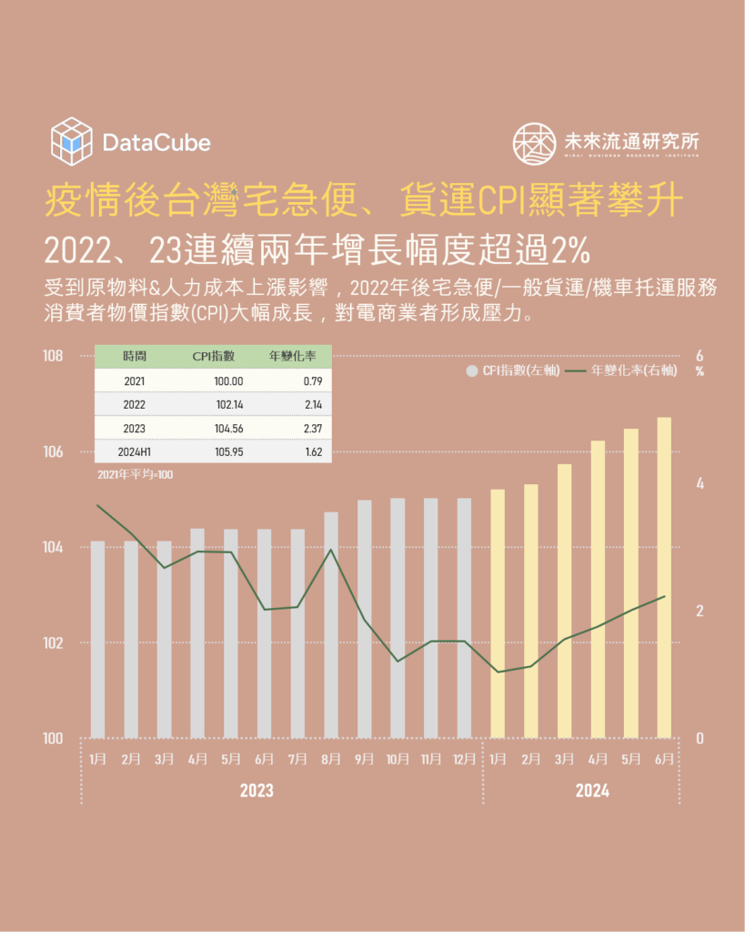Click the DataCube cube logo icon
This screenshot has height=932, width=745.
pyautogui.click(x=72, y=142)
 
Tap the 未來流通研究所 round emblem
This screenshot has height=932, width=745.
pyautogui.click(x=534, y=144)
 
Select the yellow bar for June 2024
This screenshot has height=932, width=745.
pyautogui.click(x=664, y=577)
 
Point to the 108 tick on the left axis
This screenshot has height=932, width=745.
pyautogui.click(x=53, y=355)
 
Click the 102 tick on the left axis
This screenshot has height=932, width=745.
pyautogui.click(x=53, y=643)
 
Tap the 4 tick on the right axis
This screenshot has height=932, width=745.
pyautogui.click(x=700, y=483)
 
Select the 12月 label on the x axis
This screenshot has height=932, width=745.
pyautogui.click(x=464, y=758)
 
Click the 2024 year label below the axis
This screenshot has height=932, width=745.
pyautogui.click(x=592, y=791)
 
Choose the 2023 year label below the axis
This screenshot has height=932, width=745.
pyautogui.click(x=257, y=791)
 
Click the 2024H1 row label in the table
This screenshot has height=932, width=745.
pyautogui.click(x=135, y=451)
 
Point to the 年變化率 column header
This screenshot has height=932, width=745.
pyautogui.click(x=293, y=356)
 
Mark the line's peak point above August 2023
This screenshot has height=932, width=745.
pyautogui.click(x=331, y=550)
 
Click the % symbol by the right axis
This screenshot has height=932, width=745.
pyautogui.click(x=700, y=371)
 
